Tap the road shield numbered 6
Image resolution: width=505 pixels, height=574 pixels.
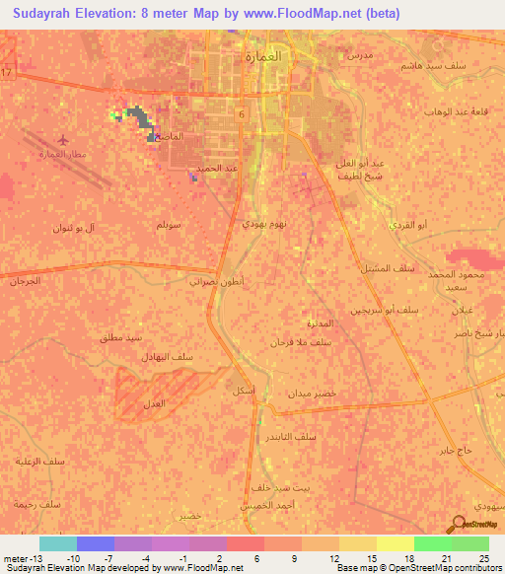click(241, 115)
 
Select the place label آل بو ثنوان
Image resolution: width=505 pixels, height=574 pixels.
click(76, 228)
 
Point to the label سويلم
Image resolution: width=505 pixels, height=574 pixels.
click(168, 225)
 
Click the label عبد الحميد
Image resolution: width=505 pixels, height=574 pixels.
click(216, 169)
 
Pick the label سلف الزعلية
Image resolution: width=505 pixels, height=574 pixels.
click(37, 460)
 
